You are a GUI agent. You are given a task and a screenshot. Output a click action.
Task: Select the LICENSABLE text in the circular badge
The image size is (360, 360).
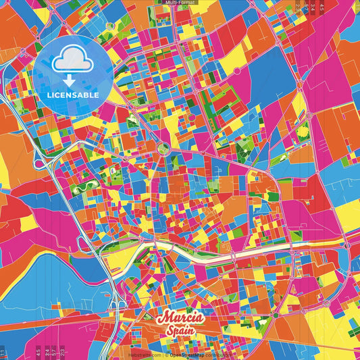(73, 95)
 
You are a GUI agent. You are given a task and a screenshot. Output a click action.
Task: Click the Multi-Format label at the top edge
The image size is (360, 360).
(179, 3)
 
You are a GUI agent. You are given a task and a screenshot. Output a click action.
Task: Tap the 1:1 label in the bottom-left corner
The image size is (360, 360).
(3, 352)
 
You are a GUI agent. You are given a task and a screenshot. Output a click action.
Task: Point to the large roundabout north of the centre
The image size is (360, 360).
(162, 149)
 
